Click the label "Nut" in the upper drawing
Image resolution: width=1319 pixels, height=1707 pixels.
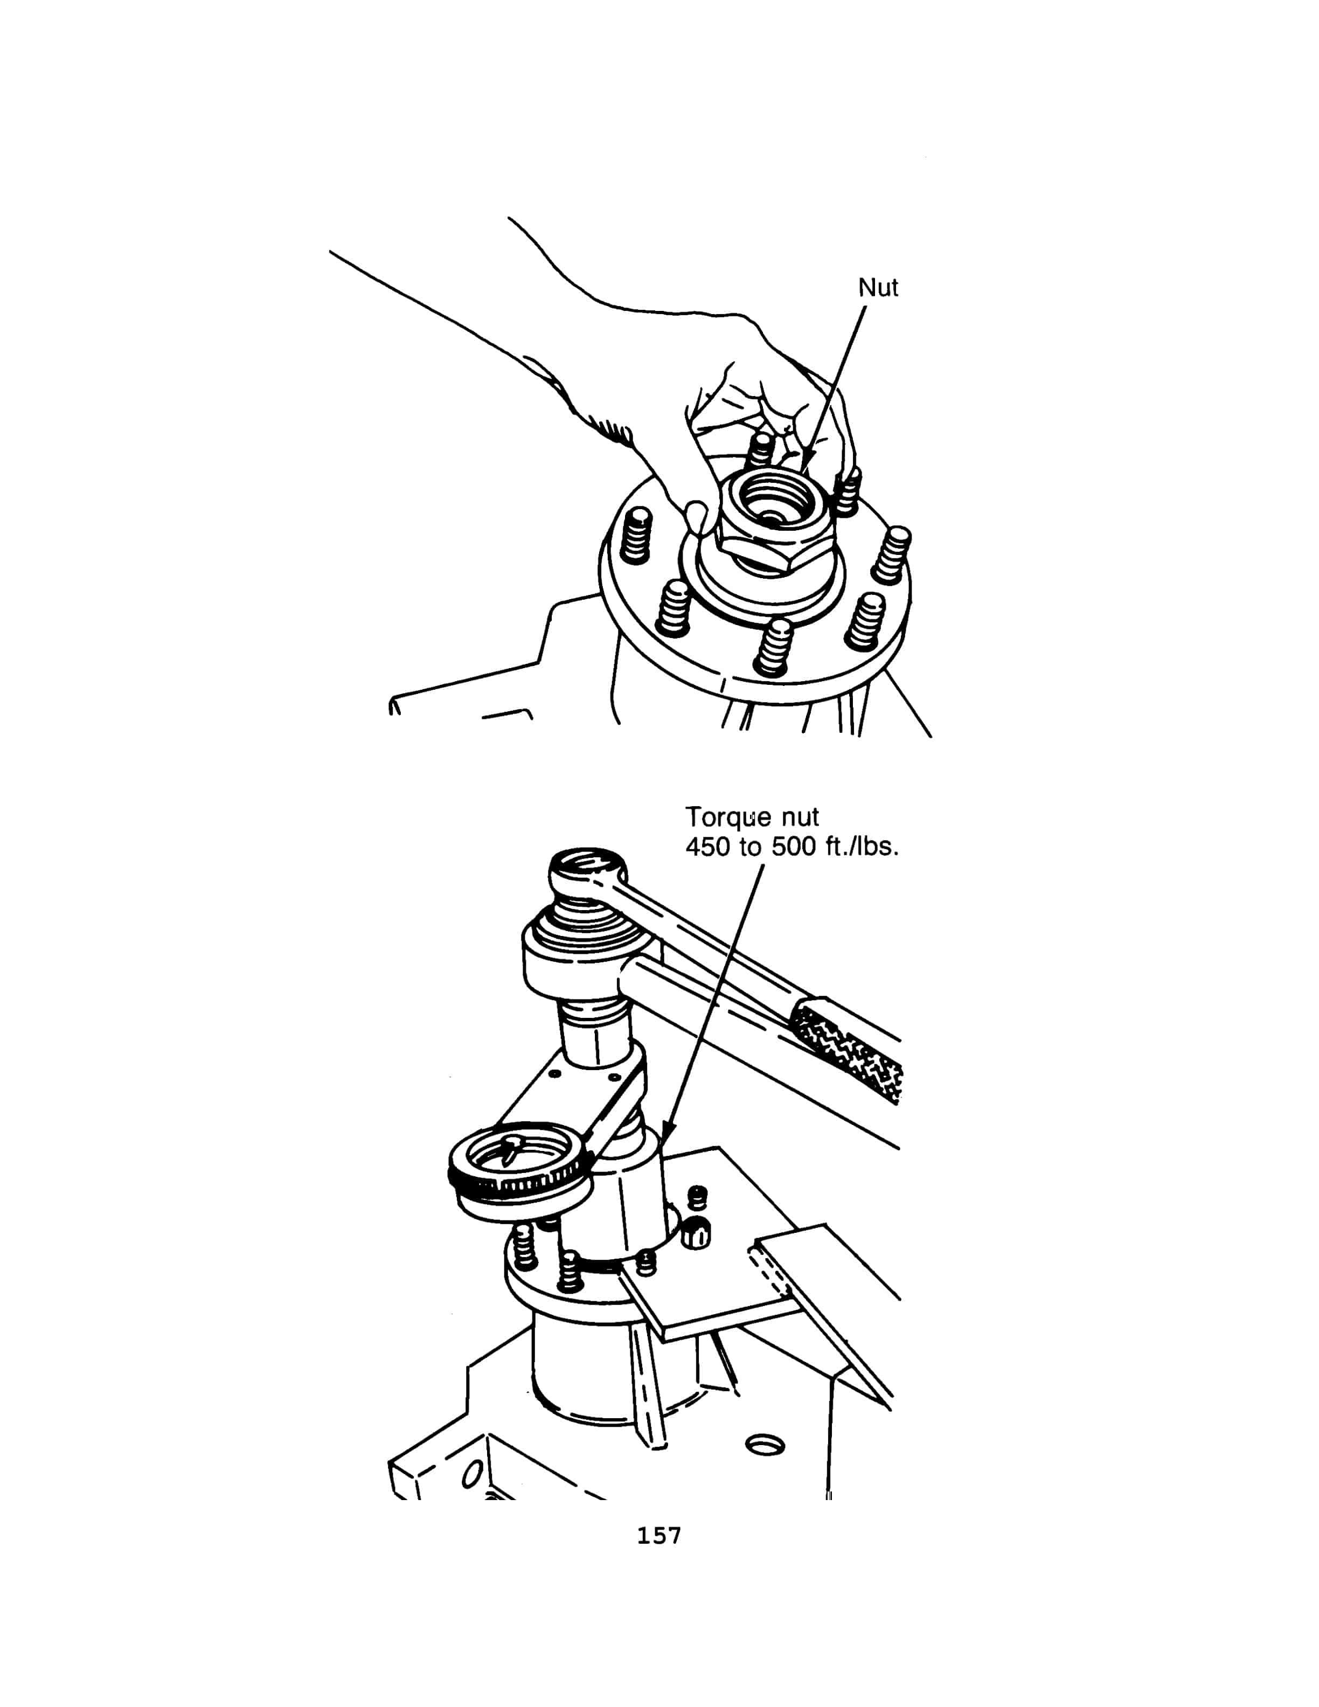pyautogui.click(x=878, y=288)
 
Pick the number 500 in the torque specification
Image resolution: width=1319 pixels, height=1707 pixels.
pyautogui.click(x=794, y=846)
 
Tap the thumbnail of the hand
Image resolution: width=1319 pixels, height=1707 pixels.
pyautogui.click(x=695, y=516)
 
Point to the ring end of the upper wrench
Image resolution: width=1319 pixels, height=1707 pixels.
pyautogui.click(x=588, y=869)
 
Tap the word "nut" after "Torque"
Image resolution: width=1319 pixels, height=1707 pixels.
pyautogui.click(x=797, y=817)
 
